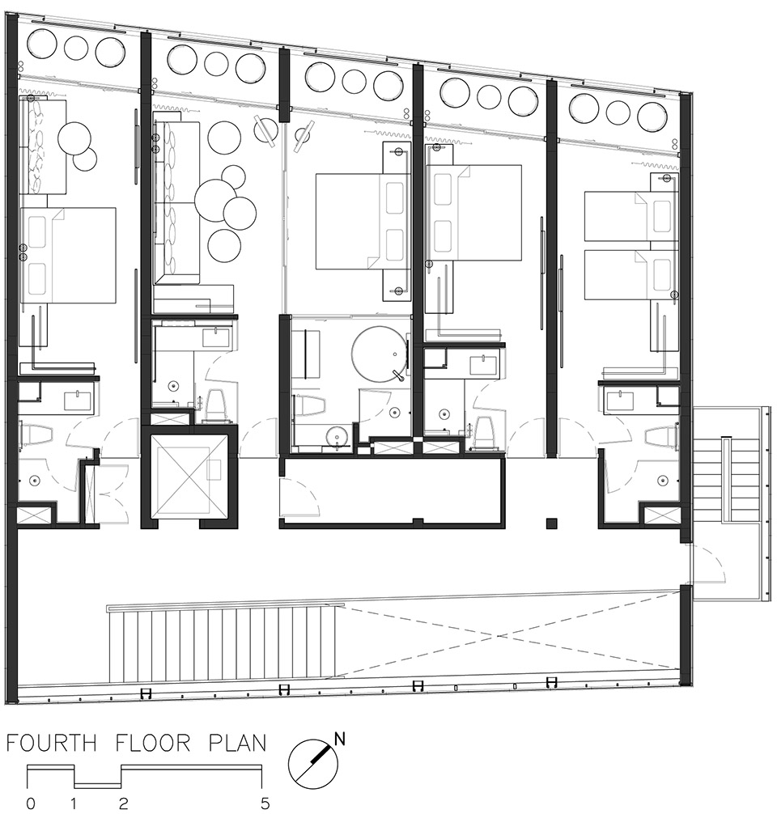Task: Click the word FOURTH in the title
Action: pos(52,743)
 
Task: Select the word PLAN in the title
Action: pos(237,743)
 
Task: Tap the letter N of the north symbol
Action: pos(340,739)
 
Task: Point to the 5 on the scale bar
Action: pos(265,804)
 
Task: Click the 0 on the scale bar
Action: pos(32,804)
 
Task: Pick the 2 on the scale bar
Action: pos(123,804)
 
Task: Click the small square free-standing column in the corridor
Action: pos(551,523)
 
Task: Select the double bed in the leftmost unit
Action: pos(68,255)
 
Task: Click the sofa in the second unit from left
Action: pos(176,202)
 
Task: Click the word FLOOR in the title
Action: pos(154,743)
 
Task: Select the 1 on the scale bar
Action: pos(74,804)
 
